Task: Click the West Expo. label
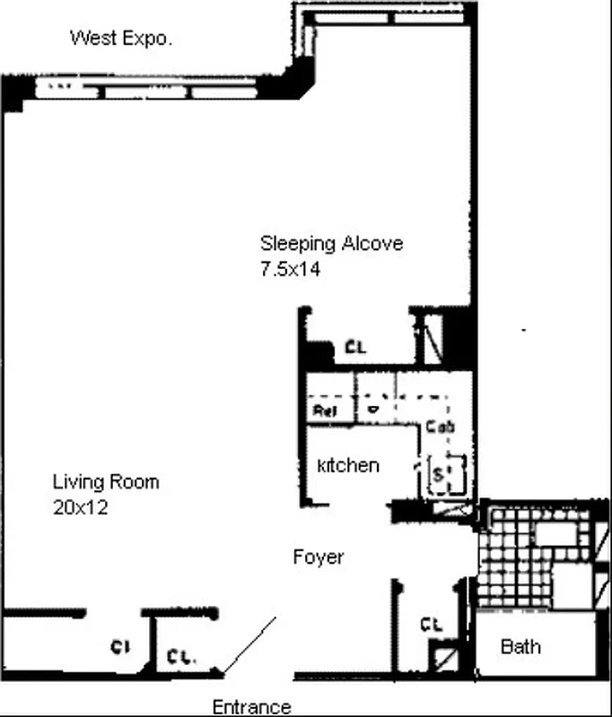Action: point(121,38)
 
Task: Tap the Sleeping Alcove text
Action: point(331,243)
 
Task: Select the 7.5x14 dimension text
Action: point(290,268)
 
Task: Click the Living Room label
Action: point(105,482)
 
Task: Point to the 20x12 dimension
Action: point(81,506)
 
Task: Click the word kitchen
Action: point(348,466)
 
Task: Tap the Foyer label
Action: point(319,557)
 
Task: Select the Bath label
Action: point(520,646)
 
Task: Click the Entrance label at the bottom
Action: point(251,707)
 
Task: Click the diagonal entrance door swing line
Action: point(250,645)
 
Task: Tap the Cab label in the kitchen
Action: point(440,427)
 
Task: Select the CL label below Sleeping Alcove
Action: point(355,348)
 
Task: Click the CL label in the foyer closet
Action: point(432,625)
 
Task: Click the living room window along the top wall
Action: point(153,90)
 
